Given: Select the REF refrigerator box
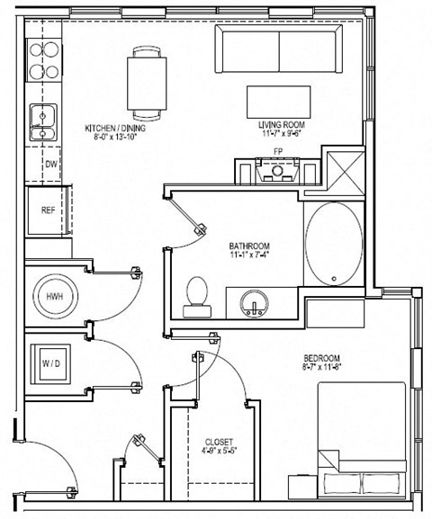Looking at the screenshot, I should pyautogui.click(x=48, y=210).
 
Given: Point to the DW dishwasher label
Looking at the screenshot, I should pyautogui.click(x=50, y=165).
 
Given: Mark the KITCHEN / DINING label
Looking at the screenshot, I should pyautogui.click(x=114, y=128).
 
